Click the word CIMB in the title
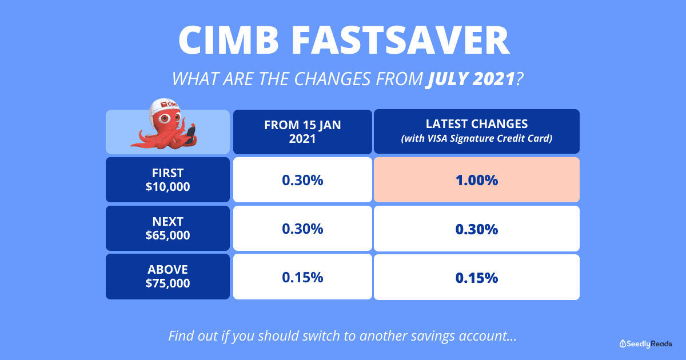pos(229,40)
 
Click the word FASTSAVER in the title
pos(401,40)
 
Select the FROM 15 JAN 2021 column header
pos(302,131)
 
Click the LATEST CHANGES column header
pos(477,131)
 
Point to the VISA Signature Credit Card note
pos(477,138)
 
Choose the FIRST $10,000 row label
pos(168,179)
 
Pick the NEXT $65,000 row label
pos(168,229)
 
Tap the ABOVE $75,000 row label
pos(168,277)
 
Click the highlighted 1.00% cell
pos(477,179)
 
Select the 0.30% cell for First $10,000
pos(302,179)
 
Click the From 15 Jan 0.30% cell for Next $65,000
pos(302,229)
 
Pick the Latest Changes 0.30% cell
pos(477,229)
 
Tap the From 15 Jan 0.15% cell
pos(302,277)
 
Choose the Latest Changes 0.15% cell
pos(477,277)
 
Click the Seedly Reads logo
pos(645,344)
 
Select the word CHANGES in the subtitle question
pos(332,79)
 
